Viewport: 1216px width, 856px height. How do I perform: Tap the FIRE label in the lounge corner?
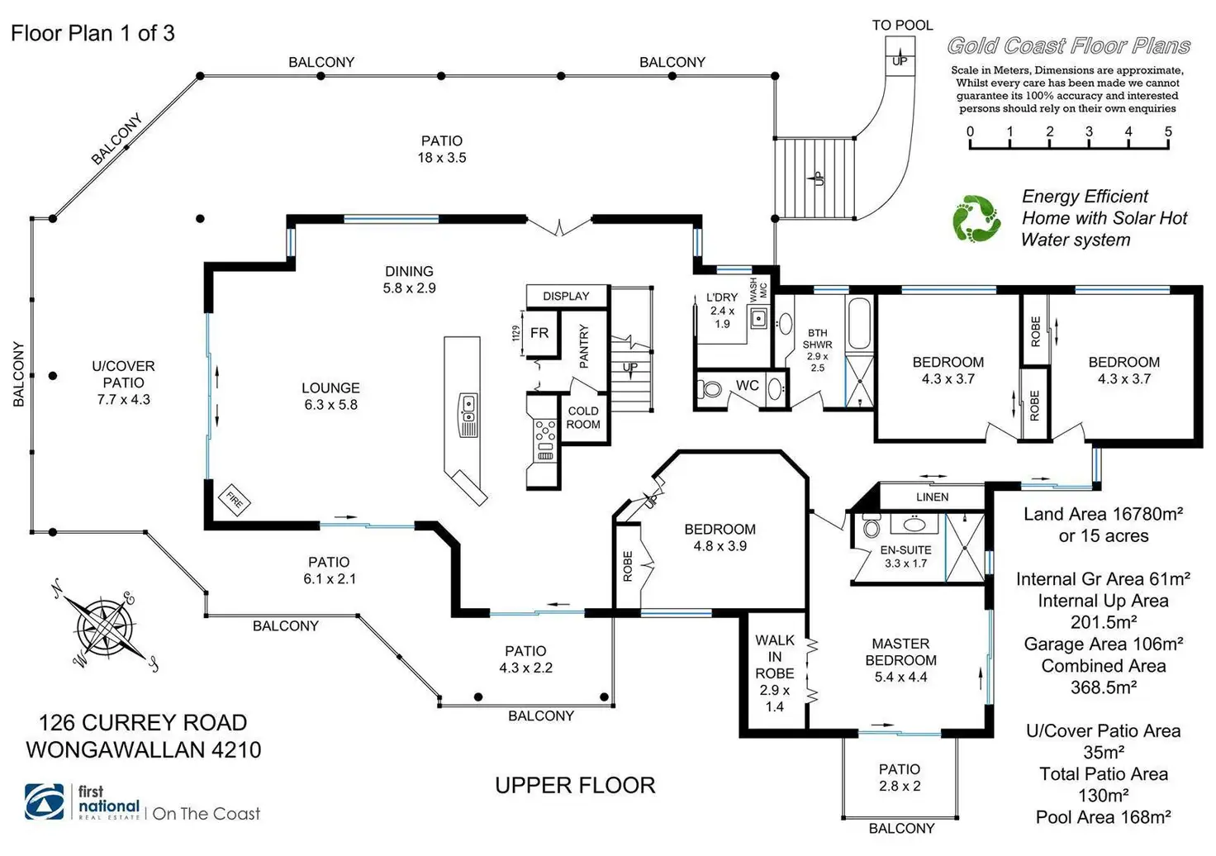coord(235,499)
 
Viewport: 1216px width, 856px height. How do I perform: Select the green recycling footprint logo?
coord(976,219)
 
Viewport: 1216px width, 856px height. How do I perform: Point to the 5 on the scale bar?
coord(1168,131)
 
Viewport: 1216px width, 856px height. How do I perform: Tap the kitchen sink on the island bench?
coord(468,405)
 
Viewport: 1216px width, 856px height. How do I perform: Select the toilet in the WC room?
coord(710,388)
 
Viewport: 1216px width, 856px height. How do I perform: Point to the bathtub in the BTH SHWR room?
coord(858,324)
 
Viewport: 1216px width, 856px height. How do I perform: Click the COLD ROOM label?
coord(583,417)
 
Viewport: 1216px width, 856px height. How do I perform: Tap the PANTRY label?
coord(584,346)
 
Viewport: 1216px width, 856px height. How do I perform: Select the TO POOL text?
coord(902,26)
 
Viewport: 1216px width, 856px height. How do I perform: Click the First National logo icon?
coord(46,801)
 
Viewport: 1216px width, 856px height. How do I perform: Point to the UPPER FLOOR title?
coord(575,785)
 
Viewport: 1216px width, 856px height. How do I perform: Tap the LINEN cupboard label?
coord(932,497)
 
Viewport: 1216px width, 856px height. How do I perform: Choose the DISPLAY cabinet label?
coord(566,296)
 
